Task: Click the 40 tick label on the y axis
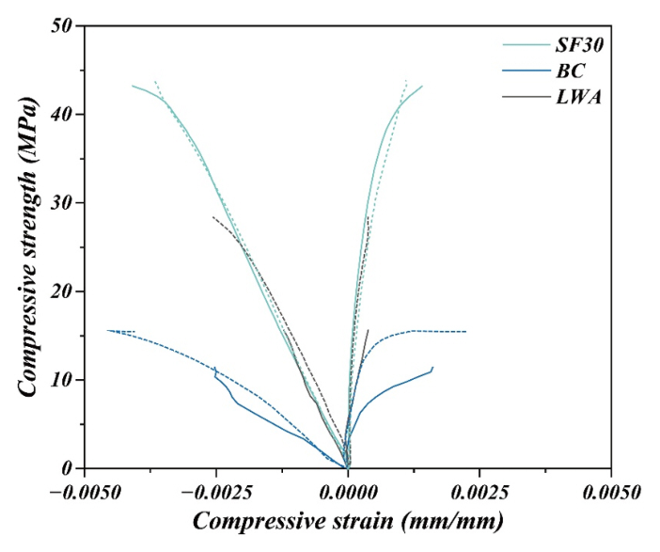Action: click(x=62, y=114)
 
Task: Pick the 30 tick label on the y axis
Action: click(x=62, y=202)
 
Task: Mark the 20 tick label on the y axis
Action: click(x=62, y=292)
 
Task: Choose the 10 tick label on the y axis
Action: click(x=62, y=380)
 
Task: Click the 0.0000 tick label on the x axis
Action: click(x=348, y=491)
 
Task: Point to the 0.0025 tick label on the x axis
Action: click(x=479, y=491)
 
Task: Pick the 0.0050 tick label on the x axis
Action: click(x=611, y=491)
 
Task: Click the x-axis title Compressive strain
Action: click(x=348, y=520)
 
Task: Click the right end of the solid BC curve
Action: click(x=432, y=367)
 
